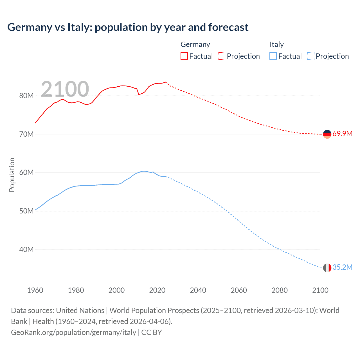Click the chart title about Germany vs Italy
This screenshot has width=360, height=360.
point(128,27)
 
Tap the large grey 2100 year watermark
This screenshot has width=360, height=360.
point(65,89)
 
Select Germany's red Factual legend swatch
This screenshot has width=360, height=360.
point(184,56)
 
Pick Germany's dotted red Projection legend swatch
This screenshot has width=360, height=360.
point(222,56)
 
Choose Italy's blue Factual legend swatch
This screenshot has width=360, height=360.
point(273,56)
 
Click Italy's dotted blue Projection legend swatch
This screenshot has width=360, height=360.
point(311,56)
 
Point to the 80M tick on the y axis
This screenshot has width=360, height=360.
point(26,96)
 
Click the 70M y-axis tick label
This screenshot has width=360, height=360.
point(26,134)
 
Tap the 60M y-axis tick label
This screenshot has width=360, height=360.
point(26,173)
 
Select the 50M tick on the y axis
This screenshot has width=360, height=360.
point(26,211)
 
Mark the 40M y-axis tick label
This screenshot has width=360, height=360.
point(26,249)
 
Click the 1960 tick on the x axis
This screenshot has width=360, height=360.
point(35,290)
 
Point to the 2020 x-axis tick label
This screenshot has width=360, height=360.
point(157,290)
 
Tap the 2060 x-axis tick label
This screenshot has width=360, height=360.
point(239,290)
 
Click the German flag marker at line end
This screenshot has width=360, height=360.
point(327,134)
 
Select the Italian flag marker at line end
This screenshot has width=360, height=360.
point(327,268)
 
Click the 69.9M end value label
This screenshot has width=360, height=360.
point(342,134)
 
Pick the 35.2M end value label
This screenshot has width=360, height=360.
point(342,267)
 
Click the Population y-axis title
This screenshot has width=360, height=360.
point(12,175)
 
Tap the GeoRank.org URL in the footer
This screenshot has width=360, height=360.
point(74,332)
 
